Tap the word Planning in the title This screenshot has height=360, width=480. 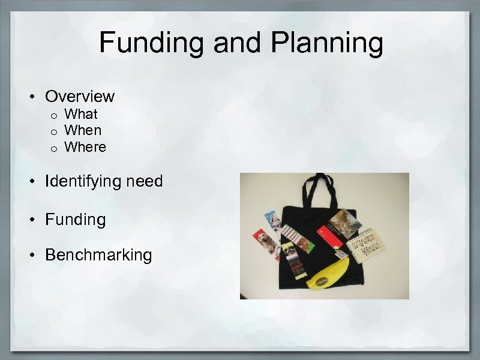tap(326, 43)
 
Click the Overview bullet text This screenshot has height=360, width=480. tap(80, 96)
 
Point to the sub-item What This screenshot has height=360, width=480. tap(81, 114)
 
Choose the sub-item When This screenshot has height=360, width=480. tap(83, 130)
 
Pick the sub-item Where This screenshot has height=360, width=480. tap(85, 147)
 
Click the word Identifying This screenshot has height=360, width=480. tap(87, 181)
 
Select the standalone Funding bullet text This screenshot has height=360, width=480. tap(75, 220)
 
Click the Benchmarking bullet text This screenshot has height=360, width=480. tap(98, 255)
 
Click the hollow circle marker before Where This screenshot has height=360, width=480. tap(53, 148)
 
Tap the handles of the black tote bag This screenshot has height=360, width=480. tap(320, 189)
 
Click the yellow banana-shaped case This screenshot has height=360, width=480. tap(328, 277)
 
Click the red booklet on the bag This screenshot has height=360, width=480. tap(330, 234)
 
